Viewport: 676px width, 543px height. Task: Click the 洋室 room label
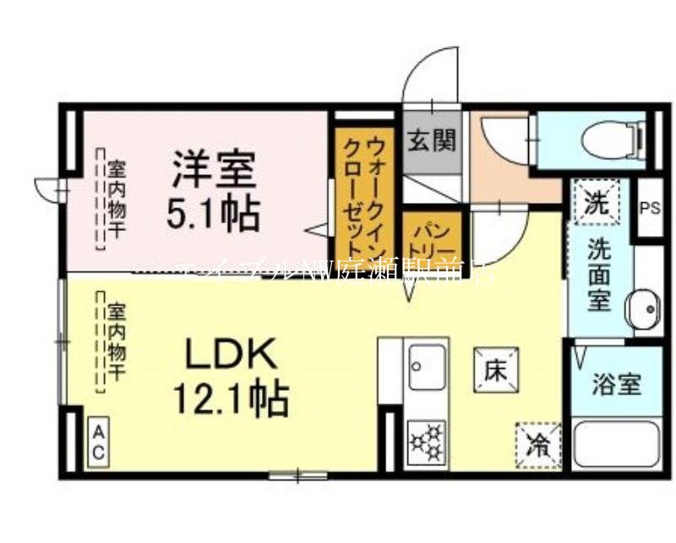click(214, 170)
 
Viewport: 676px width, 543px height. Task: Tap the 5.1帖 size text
click(213, 213)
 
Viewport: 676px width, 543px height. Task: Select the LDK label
click(231, 354)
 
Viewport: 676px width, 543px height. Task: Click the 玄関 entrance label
click(432, 140)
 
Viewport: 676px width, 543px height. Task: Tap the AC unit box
click(98, 442)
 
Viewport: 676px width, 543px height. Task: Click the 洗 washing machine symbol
click(597, 202)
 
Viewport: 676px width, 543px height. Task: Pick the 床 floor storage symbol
click(495, 369)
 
